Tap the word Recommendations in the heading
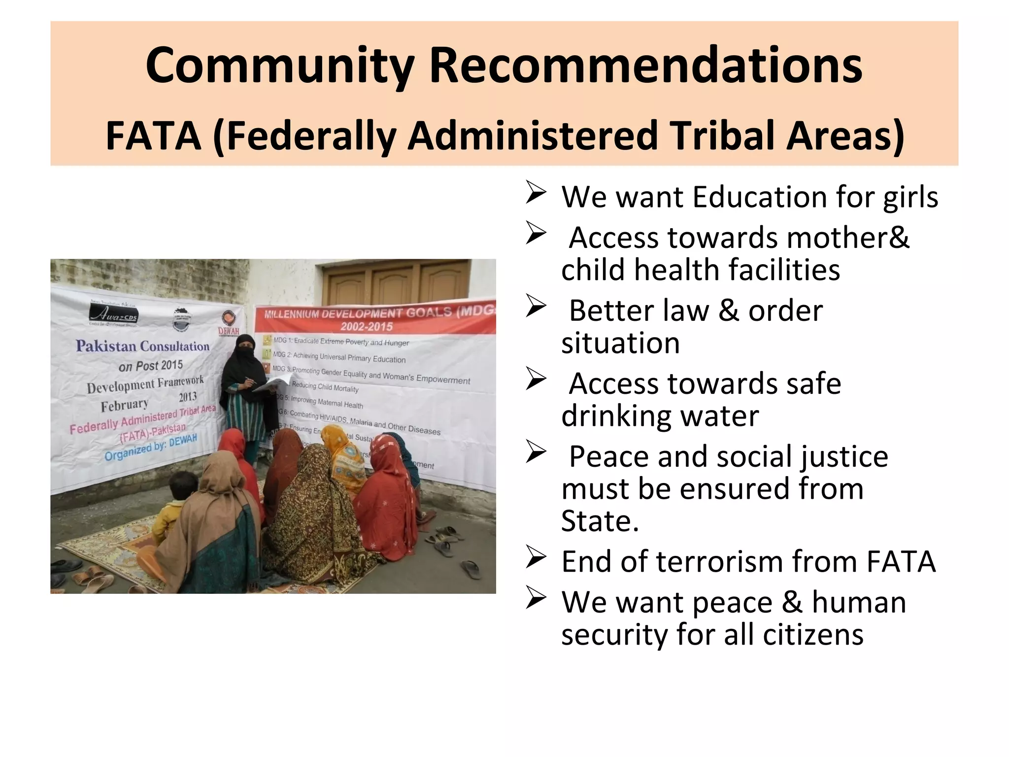[646, 66]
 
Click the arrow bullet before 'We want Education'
[536, 192]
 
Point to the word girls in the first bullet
[910, 198]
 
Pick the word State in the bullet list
[600, 521]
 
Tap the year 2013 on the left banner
[188, 397]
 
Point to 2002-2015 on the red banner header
[367, 326]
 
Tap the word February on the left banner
[125, 406]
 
